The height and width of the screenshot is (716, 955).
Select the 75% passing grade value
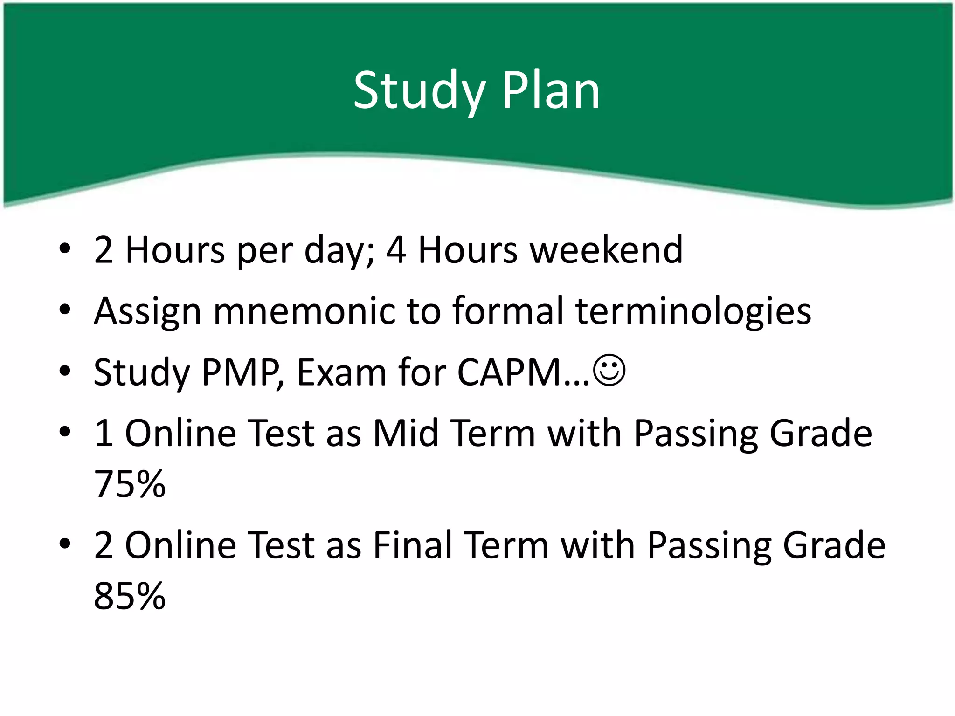130,484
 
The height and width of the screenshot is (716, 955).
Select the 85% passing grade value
130,596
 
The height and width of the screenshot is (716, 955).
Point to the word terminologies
693,311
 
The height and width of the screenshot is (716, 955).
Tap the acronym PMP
241,372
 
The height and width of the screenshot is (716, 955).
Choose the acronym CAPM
509,372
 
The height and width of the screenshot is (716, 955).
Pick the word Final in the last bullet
412,545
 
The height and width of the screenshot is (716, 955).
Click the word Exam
341,372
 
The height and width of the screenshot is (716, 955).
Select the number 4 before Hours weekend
396,250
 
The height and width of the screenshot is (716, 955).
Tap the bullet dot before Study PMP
65,371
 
